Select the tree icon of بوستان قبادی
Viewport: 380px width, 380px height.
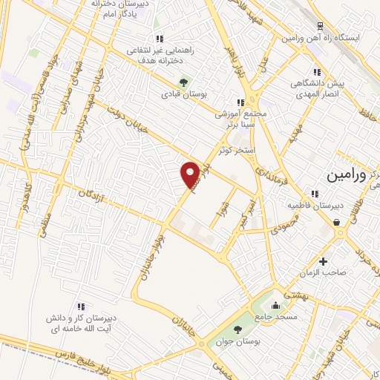click(x=184, y=82)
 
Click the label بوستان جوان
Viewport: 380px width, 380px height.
click(x=235, y=342)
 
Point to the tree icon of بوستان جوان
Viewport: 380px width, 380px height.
click(x=237, y=330)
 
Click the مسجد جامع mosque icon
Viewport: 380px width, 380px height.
click(x=277, y=304)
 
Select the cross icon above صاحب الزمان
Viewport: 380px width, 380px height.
click(x=323, y=261)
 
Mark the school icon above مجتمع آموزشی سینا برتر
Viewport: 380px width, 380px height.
click(x=240, y=103)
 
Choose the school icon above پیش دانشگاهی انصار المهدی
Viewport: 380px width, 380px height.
click(x=317, y=72)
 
